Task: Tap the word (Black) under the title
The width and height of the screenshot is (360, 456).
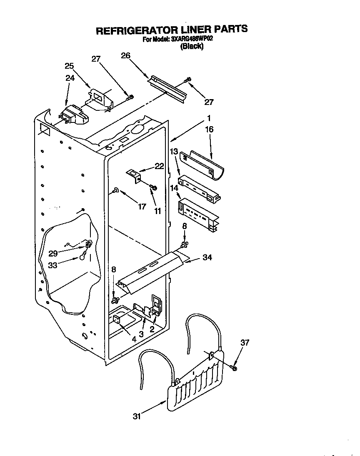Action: [192, 47]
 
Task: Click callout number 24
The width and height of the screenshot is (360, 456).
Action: [70, 77]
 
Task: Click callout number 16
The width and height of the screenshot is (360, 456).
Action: [209, 130]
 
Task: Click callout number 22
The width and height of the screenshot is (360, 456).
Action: [159, 166]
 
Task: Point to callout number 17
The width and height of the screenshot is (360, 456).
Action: [142, 206]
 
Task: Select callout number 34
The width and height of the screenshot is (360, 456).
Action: [207, 258]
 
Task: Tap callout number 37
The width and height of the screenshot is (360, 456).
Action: [245, 342]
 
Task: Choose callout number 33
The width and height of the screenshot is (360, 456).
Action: [53, 264]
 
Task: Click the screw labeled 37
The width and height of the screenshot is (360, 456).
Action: [234, 368]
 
